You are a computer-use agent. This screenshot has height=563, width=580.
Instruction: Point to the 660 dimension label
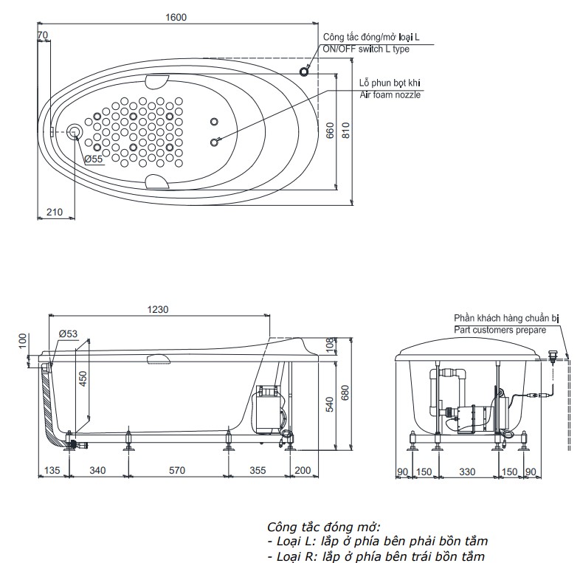click(x=330, y=131)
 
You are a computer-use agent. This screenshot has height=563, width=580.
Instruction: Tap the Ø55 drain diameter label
click(x=93, y=159)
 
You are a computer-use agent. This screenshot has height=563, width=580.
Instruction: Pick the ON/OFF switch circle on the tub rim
click(x=304, y=70)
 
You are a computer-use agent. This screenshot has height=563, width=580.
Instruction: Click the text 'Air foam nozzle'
click(x=390, y=95)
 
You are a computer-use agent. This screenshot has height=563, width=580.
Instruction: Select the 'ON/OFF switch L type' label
click(x=365, y=49)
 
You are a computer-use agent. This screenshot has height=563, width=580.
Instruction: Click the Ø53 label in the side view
click(x=68, y=334)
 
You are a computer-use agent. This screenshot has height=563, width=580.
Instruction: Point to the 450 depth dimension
click(x=83, y=378)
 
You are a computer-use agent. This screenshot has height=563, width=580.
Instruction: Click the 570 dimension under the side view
click(x=177, y=470)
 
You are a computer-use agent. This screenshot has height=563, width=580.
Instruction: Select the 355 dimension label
click(x=258, y=470)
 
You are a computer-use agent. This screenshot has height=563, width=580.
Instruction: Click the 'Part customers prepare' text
click(x=500, y=330)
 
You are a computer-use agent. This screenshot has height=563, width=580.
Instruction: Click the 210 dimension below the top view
click(x=54, y=213)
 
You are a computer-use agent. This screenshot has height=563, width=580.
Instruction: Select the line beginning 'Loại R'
click(x=376, y=556)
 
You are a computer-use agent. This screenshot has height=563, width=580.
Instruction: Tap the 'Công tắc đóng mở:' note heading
click(x=324, y=526)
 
